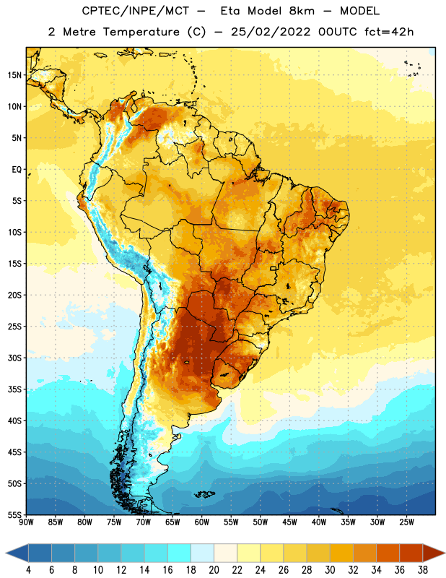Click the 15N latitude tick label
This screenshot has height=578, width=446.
tap(14, 75)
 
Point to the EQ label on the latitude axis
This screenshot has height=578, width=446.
tap(17, 170)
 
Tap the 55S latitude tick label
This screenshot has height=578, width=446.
tap(14, 515)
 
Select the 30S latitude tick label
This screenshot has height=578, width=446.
tap(14, 358)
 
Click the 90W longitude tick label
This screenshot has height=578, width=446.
tap(26, 522)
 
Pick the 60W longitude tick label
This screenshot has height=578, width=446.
tap(202, 522)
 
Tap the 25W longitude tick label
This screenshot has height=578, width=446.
tap(406, 522)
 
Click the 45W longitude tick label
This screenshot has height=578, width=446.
tap(289, 522)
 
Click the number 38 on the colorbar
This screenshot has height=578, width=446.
tap(423, 570)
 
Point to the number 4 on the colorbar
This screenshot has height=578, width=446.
tap(28, 570)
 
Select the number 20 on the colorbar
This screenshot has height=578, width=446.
tap(214, 570)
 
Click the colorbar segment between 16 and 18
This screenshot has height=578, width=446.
tap(180, 553)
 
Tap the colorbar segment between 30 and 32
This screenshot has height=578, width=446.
tap(341, 553)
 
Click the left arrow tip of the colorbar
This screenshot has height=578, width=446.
tap(6, 553)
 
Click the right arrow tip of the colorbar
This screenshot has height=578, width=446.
tap(445, 553)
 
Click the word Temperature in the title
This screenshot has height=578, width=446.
tap(141, 32)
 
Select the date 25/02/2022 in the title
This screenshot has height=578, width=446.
tap(271, 32)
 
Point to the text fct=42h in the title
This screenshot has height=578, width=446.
tap(389, 32)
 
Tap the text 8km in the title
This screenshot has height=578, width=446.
tap(302, 11)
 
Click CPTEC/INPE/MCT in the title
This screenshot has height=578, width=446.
tap(136, 11)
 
